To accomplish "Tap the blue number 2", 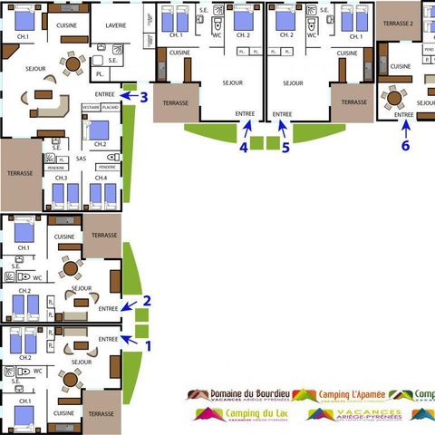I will coord(147,301).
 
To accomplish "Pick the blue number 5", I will coord(285,147).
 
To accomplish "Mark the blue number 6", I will coord(405,144).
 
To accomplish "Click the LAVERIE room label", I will coord(116,25).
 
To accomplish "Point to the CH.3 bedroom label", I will coord(61,178).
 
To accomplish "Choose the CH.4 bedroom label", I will coord(101,178).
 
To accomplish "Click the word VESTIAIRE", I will coord(91,107).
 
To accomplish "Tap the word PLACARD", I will coord(111,107).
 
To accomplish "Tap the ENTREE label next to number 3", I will coord(105,94).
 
